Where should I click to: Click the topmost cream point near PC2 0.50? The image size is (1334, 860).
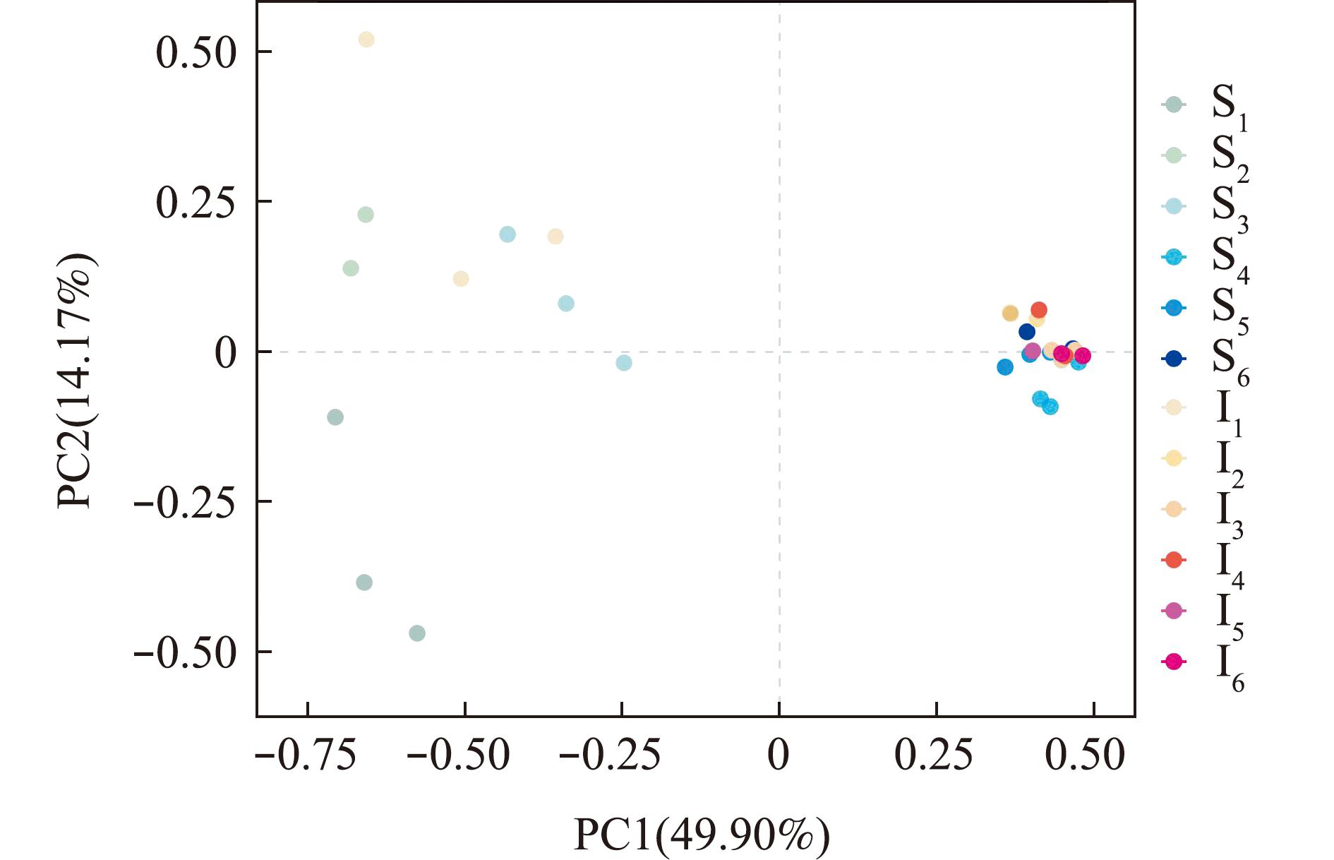pyautogui.click(x=366, y=40)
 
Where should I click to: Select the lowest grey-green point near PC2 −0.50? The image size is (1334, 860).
pyautogui.click(x=417, y=633)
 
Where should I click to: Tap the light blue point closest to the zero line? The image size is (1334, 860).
pyautogui.click(x=624, y=363)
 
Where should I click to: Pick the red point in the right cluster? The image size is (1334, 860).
pyautogui.click(x=1039, y=310)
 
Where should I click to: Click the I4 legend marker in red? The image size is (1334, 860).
pyautogui.click(x=1174, y=560)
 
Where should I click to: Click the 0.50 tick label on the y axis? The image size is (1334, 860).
pyautogui.click(x=196, y=52)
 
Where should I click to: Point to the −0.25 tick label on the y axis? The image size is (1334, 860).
pyautogui.click(x=184, y=502)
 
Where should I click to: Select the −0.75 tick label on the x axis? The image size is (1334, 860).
pyautogui.click(x=306, y=756)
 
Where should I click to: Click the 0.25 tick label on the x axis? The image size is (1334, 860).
pyautogui.click(x=934, y=756)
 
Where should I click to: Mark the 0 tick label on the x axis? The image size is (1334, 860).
pyautogui.click(x=779, y=756)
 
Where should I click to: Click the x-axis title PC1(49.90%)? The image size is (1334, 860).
pyautogui.click(x=702, y=835)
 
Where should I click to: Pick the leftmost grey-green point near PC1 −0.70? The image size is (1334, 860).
pyautogui.click(x=335, y=417)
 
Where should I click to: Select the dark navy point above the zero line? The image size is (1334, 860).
pyautogui.click(x=1027, y=332)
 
